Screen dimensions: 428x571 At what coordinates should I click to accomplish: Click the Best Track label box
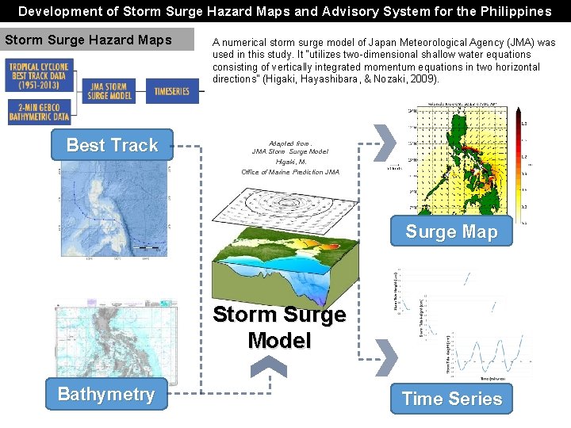112,145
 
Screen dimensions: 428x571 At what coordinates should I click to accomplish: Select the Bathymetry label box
106,394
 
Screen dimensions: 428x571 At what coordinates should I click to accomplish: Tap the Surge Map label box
451,231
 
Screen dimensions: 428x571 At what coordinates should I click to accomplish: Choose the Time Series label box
452,399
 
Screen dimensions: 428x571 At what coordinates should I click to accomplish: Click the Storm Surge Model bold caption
279,327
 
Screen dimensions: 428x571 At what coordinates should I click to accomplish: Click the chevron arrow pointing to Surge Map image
384,141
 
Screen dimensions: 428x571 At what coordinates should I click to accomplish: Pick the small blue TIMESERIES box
171,91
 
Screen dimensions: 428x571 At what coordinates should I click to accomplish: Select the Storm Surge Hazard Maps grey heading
98,40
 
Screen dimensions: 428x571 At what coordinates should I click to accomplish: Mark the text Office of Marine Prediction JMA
290,172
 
